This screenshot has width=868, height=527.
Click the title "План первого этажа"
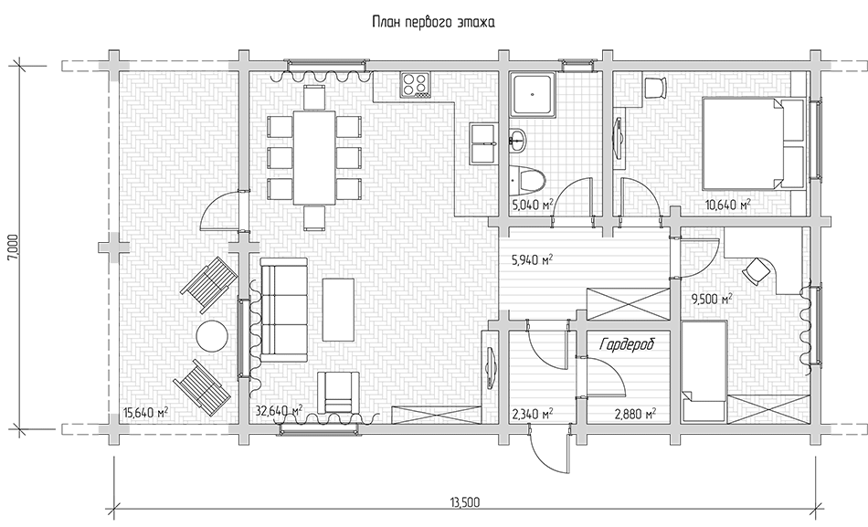(433, 23)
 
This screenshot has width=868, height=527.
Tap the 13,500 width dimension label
(464, 502)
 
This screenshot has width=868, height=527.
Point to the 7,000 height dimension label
(14, 247)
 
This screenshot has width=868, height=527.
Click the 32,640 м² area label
(279, 411)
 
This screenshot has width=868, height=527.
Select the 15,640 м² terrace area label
(146, 413)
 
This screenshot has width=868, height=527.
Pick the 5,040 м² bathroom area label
(533, 206)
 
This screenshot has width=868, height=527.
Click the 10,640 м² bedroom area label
(728, 206)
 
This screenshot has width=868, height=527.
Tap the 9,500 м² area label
(712, 300)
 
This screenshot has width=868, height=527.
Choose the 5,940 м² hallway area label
(533, 259)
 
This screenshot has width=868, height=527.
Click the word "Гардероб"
(627, 344)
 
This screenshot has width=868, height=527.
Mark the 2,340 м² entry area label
(533, 414)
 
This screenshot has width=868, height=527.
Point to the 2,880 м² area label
(636, 414)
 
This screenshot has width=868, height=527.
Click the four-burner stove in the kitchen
(415, 85)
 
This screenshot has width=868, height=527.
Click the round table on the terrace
(212, 335)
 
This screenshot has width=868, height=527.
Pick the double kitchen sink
(482, 143)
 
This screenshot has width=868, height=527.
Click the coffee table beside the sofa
(338, 310)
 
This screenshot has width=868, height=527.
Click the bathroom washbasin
(517, 139)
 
